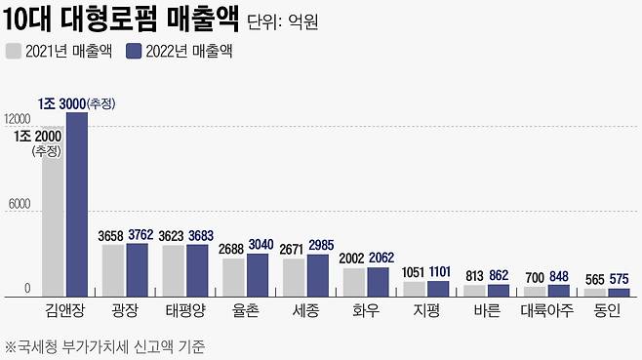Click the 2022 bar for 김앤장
pyautogui.click(x=76, y=205)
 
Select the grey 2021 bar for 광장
pyautogui.click(x=113, y=270)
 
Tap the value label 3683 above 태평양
pyautogui.click(x=198, y=236)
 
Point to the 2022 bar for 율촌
pyautogui.click(x=257, y=275)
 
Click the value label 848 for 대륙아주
pyautogui.click(x=558, y=277)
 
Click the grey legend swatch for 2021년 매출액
pyautogui.click(x=14, y=51)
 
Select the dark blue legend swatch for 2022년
pyautogui.click(x=134, y=51)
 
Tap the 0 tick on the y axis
pyautogui.click(x=29, y=289)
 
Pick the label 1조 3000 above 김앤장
pyautogui.click(x=60, y=103)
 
